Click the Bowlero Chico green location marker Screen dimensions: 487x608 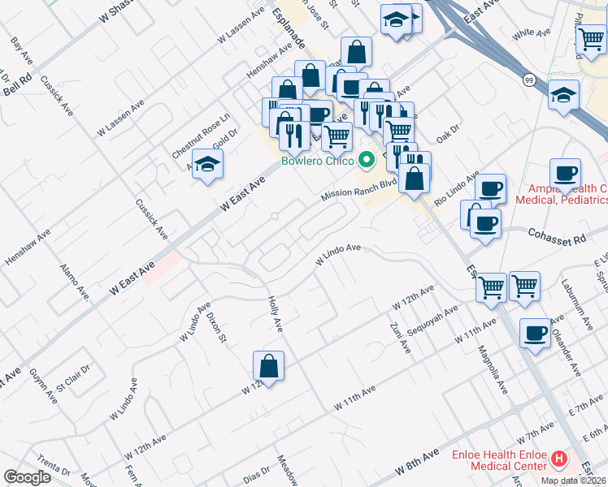click(366, 159)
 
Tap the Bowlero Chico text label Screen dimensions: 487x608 click(317, 160)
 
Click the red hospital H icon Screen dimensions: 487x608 click(558, 459)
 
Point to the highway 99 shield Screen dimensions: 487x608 click(529, 80)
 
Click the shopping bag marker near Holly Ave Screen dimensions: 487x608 click(268, 366)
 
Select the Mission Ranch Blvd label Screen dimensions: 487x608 click(358, 190)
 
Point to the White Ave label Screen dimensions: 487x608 click(532, 34)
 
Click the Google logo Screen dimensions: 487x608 click(27, 477)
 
